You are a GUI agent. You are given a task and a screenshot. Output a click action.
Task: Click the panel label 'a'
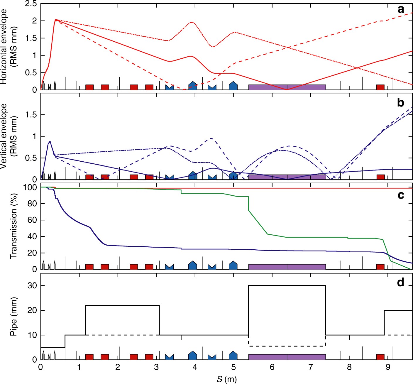pyautogui.click(x=400, y=10)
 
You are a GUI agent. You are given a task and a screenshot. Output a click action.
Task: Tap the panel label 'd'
pyautogui.click(x=400, y=282)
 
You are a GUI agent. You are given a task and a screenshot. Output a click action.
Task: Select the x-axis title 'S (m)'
pyautogui.click(x=226, y=379)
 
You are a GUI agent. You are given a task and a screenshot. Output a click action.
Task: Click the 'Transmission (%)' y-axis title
pyautogui.click(x=13, y=226)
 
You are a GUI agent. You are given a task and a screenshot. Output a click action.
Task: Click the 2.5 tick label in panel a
pyautogui.click(x=31, y=4)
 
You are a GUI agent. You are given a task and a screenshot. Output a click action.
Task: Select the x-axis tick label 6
pyautogui.click(x=272, y=367)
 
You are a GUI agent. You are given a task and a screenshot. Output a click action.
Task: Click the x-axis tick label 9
pyautogui.click(x=388, y=367)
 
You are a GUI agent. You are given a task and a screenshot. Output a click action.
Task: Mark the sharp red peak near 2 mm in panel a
pyautogui.click(x=56, y=20)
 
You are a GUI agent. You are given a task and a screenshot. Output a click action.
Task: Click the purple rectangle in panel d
pyautogui.click(x=287, y=357)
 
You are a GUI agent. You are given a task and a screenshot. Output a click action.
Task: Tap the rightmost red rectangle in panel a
pyautogui.click(x=380, y=87)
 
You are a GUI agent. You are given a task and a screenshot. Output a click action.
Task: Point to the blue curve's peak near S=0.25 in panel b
pyautogui.click(x=50, y=141)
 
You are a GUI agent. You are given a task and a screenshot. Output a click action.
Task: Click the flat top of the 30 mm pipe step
pyautogui.click(x=287, y=285)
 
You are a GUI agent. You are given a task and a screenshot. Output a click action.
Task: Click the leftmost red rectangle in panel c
pyautogui.click(x=89, y=267)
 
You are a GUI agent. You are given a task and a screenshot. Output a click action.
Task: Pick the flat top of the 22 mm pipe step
pyautogui.click(x=122, y=305)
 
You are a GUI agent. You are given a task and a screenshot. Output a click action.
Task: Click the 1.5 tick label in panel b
pyautogui.click(x=31, y=115)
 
